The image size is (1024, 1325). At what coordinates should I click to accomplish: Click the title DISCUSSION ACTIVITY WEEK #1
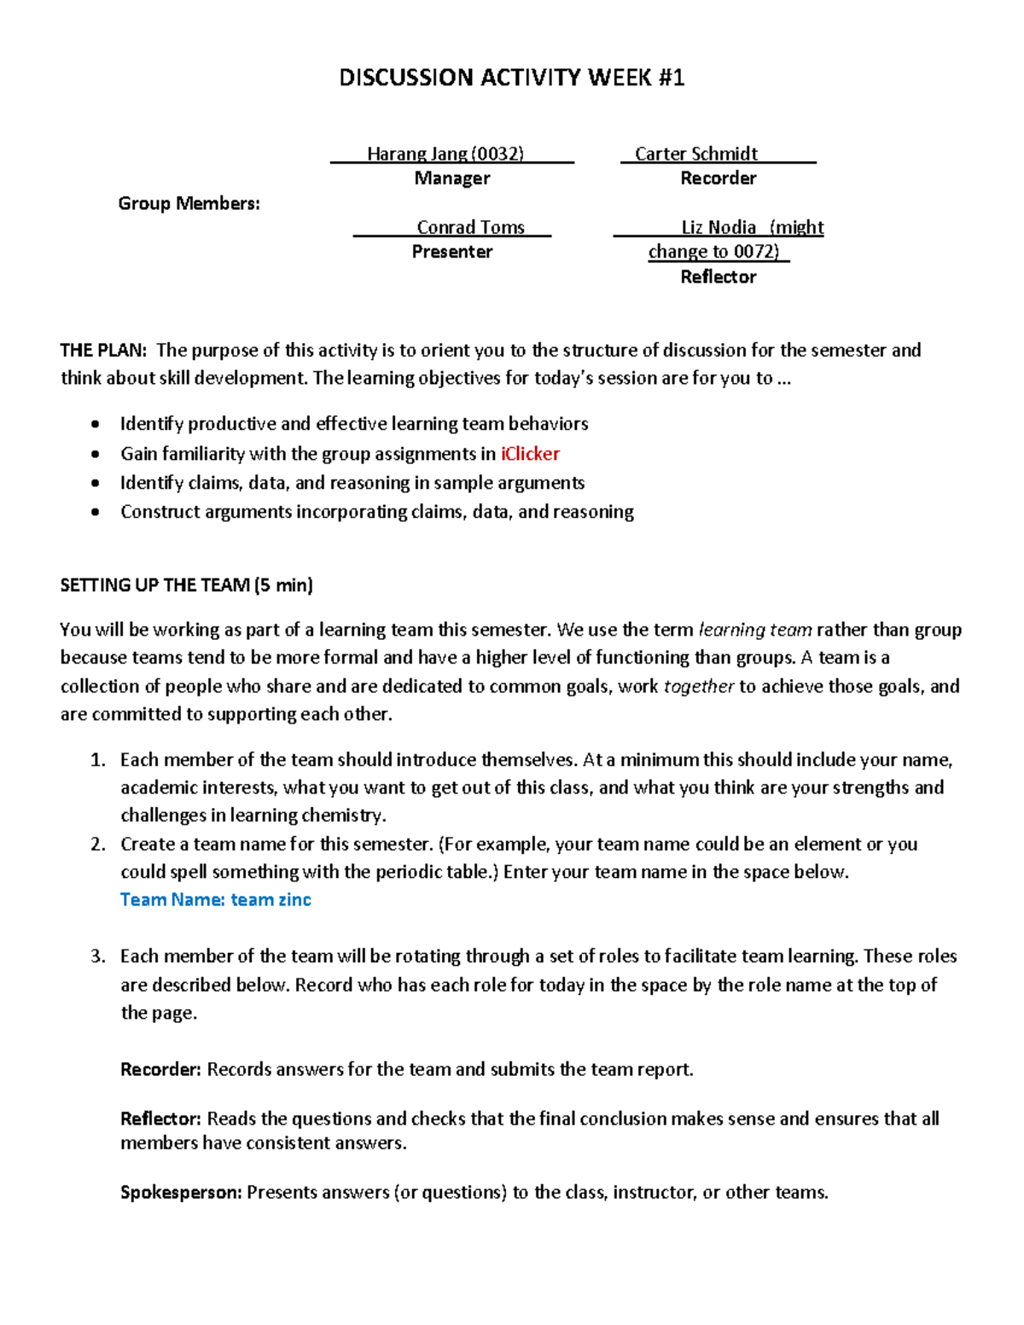click(x=511, y=78)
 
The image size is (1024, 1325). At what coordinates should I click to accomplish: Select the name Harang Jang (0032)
click(x=445, y=154)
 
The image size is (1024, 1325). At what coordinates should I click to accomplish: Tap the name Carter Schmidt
click(x=696, y=154)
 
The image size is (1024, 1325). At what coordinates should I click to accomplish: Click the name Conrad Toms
click(x=470, y=227)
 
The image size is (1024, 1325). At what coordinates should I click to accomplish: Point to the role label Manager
click(x=451, y=178)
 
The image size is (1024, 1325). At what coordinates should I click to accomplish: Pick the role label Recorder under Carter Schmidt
click(x=718, y=178)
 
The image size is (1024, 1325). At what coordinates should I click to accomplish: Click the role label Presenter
click(x=451, y=252)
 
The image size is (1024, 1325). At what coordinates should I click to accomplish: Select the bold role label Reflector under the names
click(x=718, y=276)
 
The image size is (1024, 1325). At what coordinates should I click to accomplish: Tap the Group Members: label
click(x=189, y=203)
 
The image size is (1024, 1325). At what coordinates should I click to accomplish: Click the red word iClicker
click(x=530, y=453)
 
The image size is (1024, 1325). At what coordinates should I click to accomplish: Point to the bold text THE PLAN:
click(x=103, y=350)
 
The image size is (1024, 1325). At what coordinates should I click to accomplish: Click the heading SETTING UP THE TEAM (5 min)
click(x=186, y=584)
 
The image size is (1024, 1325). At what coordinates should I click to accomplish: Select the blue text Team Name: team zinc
click(x=215, y=899)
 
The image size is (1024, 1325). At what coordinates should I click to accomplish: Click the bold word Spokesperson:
click(x=181, y=1192)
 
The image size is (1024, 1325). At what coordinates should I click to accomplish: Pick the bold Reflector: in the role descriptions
click(x=160, y=1119)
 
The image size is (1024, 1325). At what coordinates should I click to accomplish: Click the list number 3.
click(x=97, y=956)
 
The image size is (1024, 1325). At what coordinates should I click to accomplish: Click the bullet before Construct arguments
click(x=96, y=512)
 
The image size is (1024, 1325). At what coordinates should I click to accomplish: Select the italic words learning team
click(x=754, y=630)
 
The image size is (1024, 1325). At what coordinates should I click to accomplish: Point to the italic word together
click(x=698, y=686)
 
